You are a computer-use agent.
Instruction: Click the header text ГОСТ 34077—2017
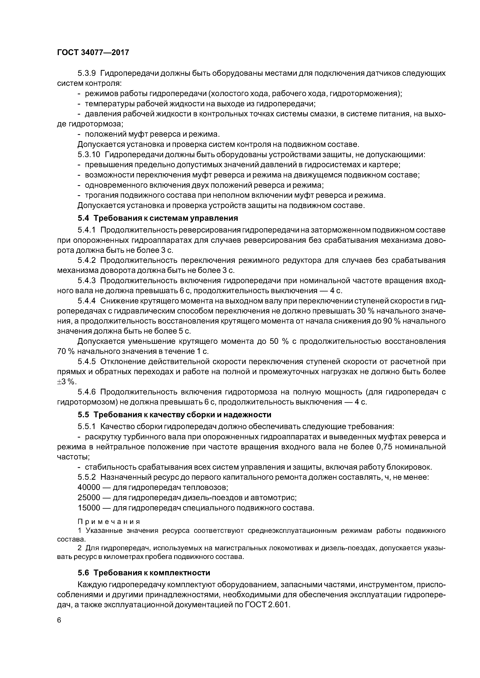[93, 53]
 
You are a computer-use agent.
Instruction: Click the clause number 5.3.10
[89, 155]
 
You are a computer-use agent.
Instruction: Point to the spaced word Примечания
[109, 521]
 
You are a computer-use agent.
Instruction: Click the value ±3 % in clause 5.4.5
[66, 382]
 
